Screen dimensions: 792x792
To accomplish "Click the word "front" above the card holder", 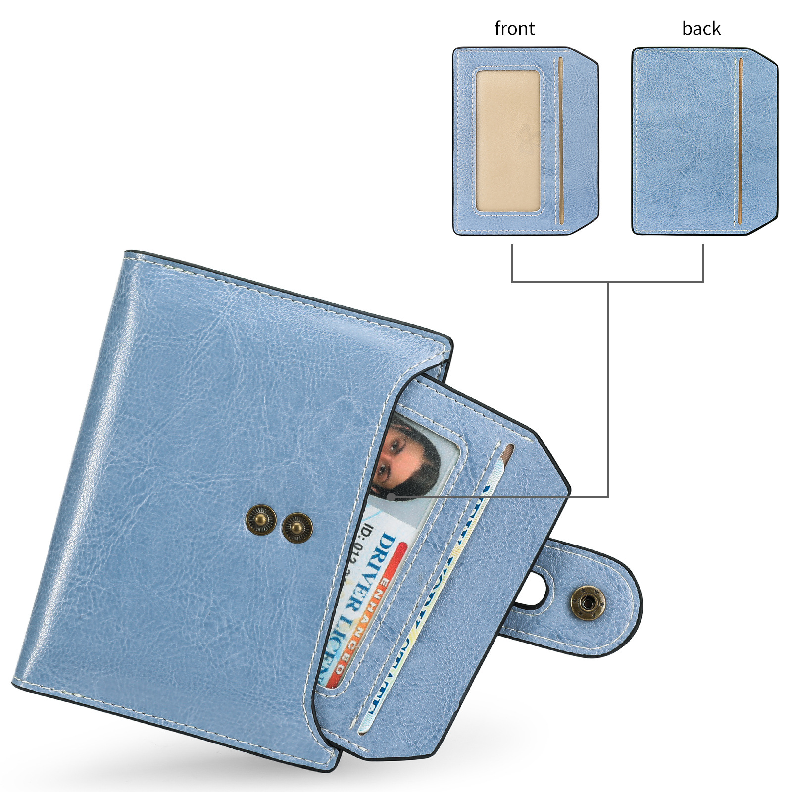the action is [x=514, y=29].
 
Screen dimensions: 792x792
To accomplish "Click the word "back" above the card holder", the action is [x=701, y=29].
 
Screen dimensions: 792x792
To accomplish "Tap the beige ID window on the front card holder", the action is [x=508, y=141].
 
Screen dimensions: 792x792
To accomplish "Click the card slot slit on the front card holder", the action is [x=561, y=141].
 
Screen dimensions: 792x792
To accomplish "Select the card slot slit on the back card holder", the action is [x=741, y=141].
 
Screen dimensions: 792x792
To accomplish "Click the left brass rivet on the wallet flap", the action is [x=261, y=519].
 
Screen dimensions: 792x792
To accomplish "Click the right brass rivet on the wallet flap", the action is [x=297, y=528].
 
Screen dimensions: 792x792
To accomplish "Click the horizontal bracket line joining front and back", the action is [x=607, y=282].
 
